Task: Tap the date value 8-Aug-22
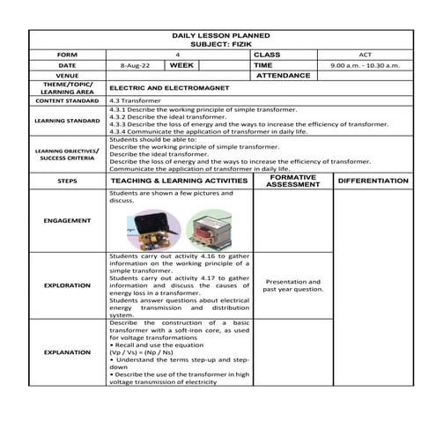(135, 65)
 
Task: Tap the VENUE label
(67, 76)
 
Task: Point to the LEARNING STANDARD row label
(67, 121)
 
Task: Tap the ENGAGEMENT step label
(67, 220)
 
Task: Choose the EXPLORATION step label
(67, 285)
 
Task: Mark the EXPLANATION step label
(67, 352)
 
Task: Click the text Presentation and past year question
(292, 285)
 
